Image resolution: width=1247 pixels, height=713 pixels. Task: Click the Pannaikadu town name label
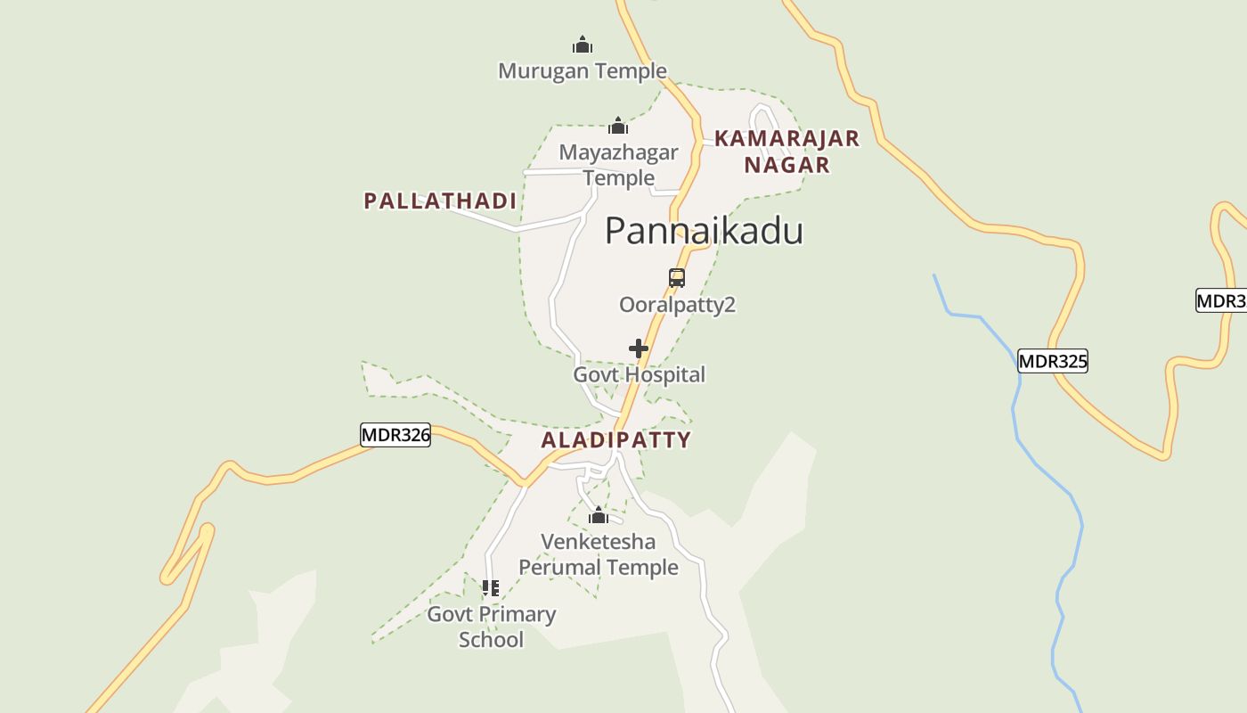coord(704,231)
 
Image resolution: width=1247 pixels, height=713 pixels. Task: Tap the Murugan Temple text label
coord(582,70)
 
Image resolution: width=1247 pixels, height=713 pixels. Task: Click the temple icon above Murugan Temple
coord(583,45)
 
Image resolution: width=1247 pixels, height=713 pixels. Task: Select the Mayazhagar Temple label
coord(618,165)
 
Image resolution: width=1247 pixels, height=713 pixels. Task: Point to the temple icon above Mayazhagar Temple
coord(618,126)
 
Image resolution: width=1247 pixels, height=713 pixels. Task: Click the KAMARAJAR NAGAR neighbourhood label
coord(787,152)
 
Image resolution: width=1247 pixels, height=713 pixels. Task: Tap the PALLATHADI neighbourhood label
coord(440,201)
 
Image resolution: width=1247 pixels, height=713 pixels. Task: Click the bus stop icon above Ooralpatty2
coord(677,278)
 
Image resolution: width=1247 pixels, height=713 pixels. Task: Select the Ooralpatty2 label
coord(677,305)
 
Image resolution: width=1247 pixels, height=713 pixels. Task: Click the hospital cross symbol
coord(639,348)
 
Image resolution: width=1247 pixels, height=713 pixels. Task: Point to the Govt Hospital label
coord(639,374)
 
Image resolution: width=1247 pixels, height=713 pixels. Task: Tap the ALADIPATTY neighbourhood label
coord(615,439)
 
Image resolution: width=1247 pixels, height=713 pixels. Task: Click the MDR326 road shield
coord(395,435)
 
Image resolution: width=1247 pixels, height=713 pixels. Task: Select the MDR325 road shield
coord(1053,361)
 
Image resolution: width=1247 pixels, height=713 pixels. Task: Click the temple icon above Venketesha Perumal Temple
coord(599,516)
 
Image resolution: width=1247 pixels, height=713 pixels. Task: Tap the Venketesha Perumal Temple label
coord(599,554)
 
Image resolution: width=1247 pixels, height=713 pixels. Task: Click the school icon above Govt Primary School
coord(491,588)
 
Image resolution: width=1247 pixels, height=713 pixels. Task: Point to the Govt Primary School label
coord(491,627)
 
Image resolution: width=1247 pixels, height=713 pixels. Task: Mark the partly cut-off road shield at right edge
coord(1221,300)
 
